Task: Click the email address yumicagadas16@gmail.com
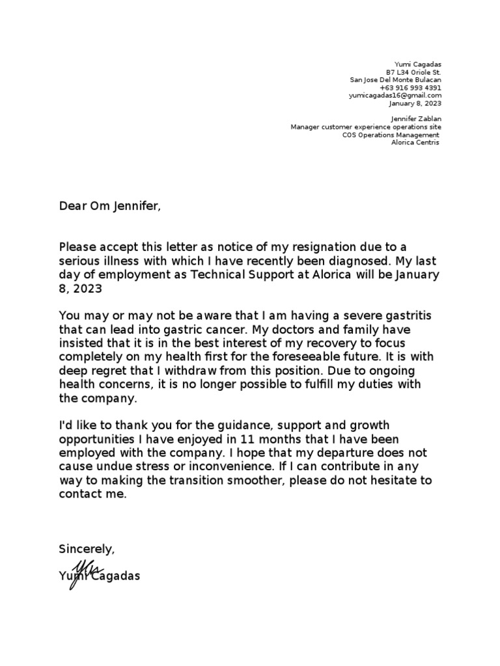click(395, 95)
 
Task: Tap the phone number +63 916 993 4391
click(410, 87)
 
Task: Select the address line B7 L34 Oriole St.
click(413, 72)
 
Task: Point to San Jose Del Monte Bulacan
click(395, 80)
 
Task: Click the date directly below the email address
click(415, 103)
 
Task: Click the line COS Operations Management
click(395, 135)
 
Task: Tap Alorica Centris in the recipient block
click(415, 142)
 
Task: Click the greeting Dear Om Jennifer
click(109, 206)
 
